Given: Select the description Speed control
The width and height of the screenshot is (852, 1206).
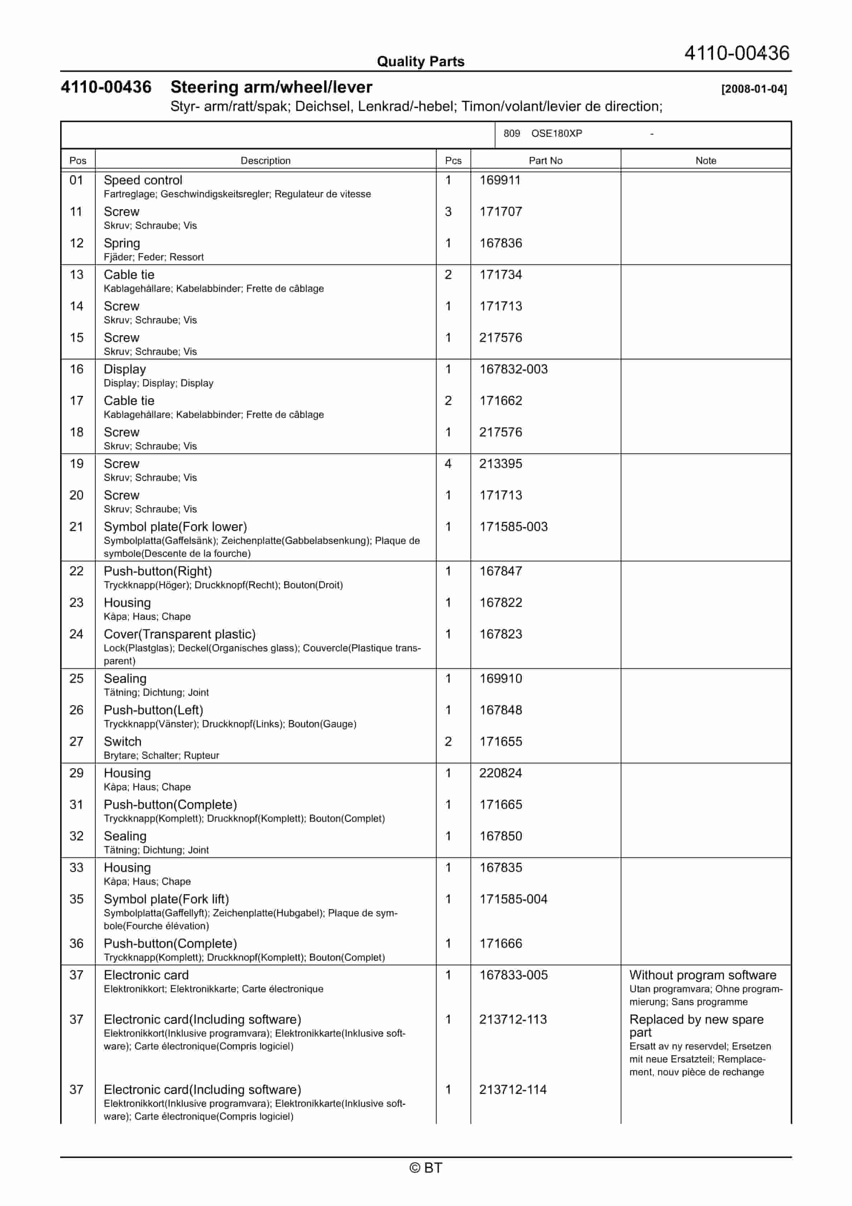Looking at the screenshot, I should coord(143,180).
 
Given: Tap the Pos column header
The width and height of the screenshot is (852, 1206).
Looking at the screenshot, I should coord(78,161).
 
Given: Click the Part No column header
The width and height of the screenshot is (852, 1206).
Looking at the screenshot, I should coord(545,161).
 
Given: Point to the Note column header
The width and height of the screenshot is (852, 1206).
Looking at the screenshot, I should coord(706,161).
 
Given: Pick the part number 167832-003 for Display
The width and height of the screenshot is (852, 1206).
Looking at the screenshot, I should coord(513,369).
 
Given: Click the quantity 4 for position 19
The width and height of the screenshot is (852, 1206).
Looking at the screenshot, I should coord(448,464).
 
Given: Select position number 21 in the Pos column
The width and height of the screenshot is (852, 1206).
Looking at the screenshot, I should coord(77,527).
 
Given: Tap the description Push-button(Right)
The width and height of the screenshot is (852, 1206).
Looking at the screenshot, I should coord(158,571).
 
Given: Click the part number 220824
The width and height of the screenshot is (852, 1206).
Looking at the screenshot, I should coord(500,773).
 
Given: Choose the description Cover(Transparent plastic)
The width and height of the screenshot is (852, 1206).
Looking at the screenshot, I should coord(180,634).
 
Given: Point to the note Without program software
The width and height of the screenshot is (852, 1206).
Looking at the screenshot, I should coord(702,975).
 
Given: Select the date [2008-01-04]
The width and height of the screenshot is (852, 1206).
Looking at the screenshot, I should coord(754,89).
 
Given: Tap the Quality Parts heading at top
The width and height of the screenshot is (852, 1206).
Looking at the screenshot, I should coord(420,62).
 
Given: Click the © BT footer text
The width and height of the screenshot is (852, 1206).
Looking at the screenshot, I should coord(426,1168).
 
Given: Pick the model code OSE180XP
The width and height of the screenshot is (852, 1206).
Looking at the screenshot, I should coord(556,134).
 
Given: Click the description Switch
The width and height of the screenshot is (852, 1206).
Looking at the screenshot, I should coord(122,742).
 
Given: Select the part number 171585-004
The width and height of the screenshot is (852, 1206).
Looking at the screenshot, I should coord(513,899).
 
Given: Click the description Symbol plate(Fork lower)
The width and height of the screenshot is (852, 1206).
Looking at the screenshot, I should coord(175,527).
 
